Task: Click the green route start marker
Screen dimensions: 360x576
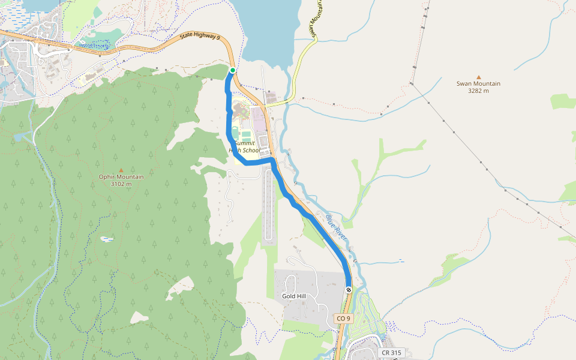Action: click(x=233, y=70)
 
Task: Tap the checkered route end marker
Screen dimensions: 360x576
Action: click(x=348, y=290)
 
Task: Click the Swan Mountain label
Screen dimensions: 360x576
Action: click(x=478, y=83)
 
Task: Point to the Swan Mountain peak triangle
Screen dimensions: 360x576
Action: click(x=478, y=76)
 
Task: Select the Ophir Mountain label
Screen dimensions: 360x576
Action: click(x=121, y=176)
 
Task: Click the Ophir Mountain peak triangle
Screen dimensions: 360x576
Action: click(x=121, y=170)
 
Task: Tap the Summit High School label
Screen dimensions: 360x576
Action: click(x=244, y=147)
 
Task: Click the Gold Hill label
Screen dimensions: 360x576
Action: click(x=295, y=296)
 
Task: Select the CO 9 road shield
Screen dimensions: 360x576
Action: click(x=343, y=318)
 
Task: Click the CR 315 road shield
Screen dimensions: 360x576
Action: click(x=392, y=353)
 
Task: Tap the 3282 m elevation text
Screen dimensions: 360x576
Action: click(x=478, y=91)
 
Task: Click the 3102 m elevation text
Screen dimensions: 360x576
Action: click(x=121, y=184)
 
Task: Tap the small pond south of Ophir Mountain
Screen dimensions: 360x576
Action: click(x=107, y=239)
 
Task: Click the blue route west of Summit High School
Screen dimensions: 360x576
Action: click(x=229, y=120)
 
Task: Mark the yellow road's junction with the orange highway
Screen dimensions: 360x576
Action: click(x=266, y=105)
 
